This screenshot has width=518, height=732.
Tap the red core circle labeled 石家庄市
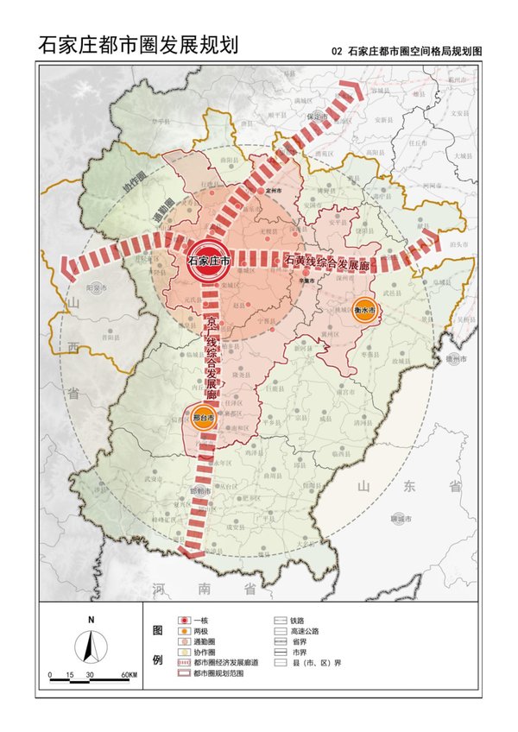(x=208, y=260)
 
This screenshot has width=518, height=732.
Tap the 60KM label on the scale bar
(x=129, y=674)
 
